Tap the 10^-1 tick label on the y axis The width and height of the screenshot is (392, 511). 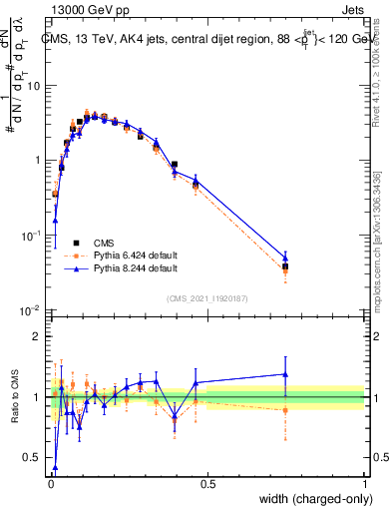click(33, 235)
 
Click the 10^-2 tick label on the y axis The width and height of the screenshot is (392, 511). click(33, 310)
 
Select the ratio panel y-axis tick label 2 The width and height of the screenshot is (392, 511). click(39, 336)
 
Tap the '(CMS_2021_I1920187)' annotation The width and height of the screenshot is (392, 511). click(207, 297)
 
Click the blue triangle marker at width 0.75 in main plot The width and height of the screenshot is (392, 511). click(285, 257)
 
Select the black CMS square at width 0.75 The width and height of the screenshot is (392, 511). click(285, 266)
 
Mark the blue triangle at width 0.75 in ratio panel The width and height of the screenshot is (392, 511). click(285, 374)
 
